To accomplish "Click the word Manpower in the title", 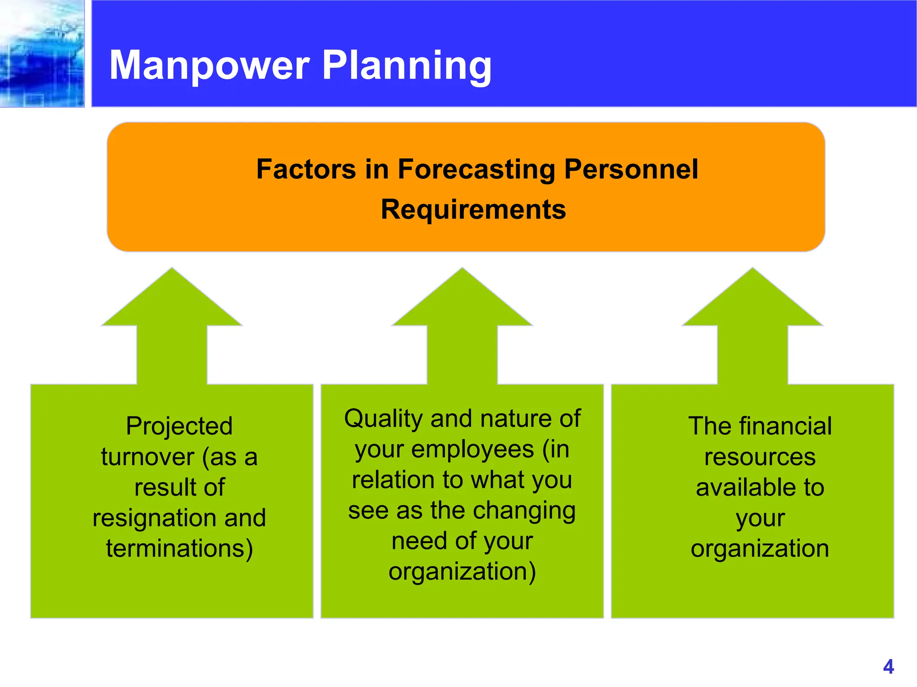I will pyautogui.click(x=210, y=66).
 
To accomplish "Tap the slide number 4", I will pyautogui.click(x=888, y=667).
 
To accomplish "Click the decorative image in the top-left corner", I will pyautogui.click(x=42, y=53).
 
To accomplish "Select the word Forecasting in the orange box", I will pyautogui.click(x=476, y=170).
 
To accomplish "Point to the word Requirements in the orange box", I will pyautogui.click(x=473, y=209).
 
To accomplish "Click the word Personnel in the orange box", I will pyautogui.click(x=630, y=170).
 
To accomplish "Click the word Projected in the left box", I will pyautogui.click(x=179, y=426).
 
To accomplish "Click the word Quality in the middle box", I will pyautogui.click(x=383, y=419).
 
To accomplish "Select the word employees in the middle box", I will pyautogui.click(x=472, y=450).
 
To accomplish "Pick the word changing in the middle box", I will pyautogui.click(x=524, y=511).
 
